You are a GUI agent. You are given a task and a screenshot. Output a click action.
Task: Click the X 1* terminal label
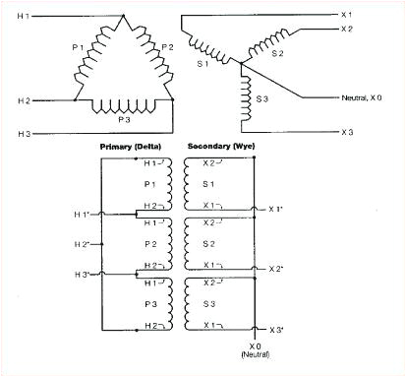(x=278, y=210)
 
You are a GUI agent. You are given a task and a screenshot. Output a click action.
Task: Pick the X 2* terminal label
(x=278, y=268)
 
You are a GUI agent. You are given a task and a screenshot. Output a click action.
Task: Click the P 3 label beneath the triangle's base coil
(x=123, y=118)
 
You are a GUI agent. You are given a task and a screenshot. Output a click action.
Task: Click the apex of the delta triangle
(x=124, y=17)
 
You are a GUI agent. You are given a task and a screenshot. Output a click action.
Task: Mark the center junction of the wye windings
(x=246, y=68)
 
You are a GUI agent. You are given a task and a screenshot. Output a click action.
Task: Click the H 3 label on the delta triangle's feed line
(x=24, y=132)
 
